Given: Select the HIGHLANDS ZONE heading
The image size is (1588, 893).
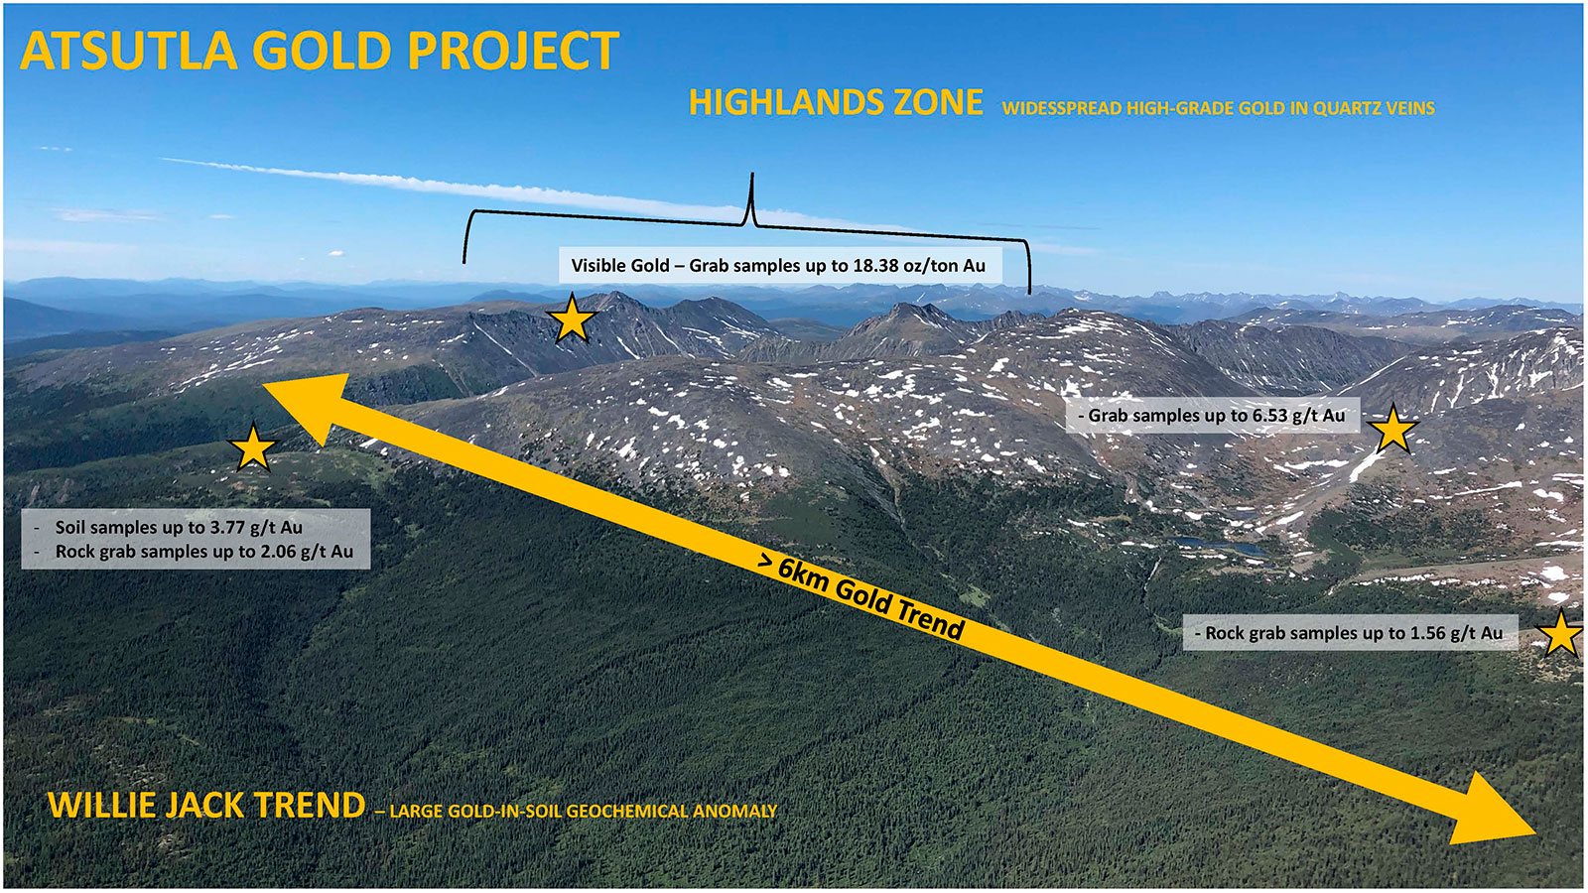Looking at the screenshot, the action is point(836,103).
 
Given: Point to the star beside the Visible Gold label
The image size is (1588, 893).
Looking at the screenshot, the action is point(572,320).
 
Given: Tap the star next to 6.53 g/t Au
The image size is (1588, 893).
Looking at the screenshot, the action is point(1392,429).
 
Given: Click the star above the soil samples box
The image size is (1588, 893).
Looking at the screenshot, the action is point(252,446).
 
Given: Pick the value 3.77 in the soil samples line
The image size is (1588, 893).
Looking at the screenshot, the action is point(219,528).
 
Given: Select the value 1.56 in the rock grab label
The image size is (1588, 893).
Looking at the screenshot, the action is point(1429,633).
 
